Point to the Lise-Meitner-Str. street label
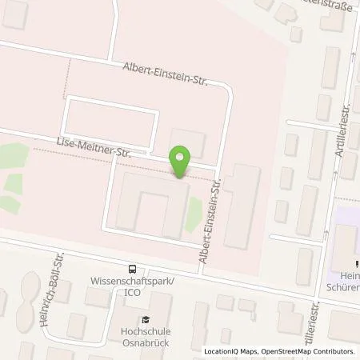(91, 144)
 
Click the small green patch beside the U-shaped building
(193, 214)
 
